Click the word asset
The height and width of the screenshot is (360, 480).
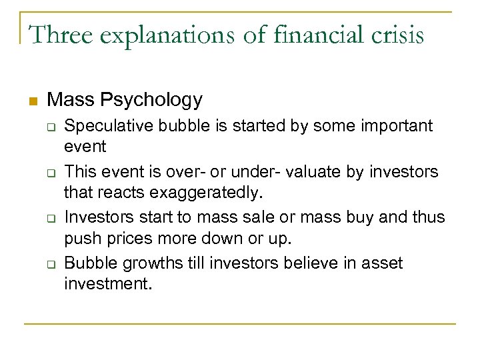tap(382, 264)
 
